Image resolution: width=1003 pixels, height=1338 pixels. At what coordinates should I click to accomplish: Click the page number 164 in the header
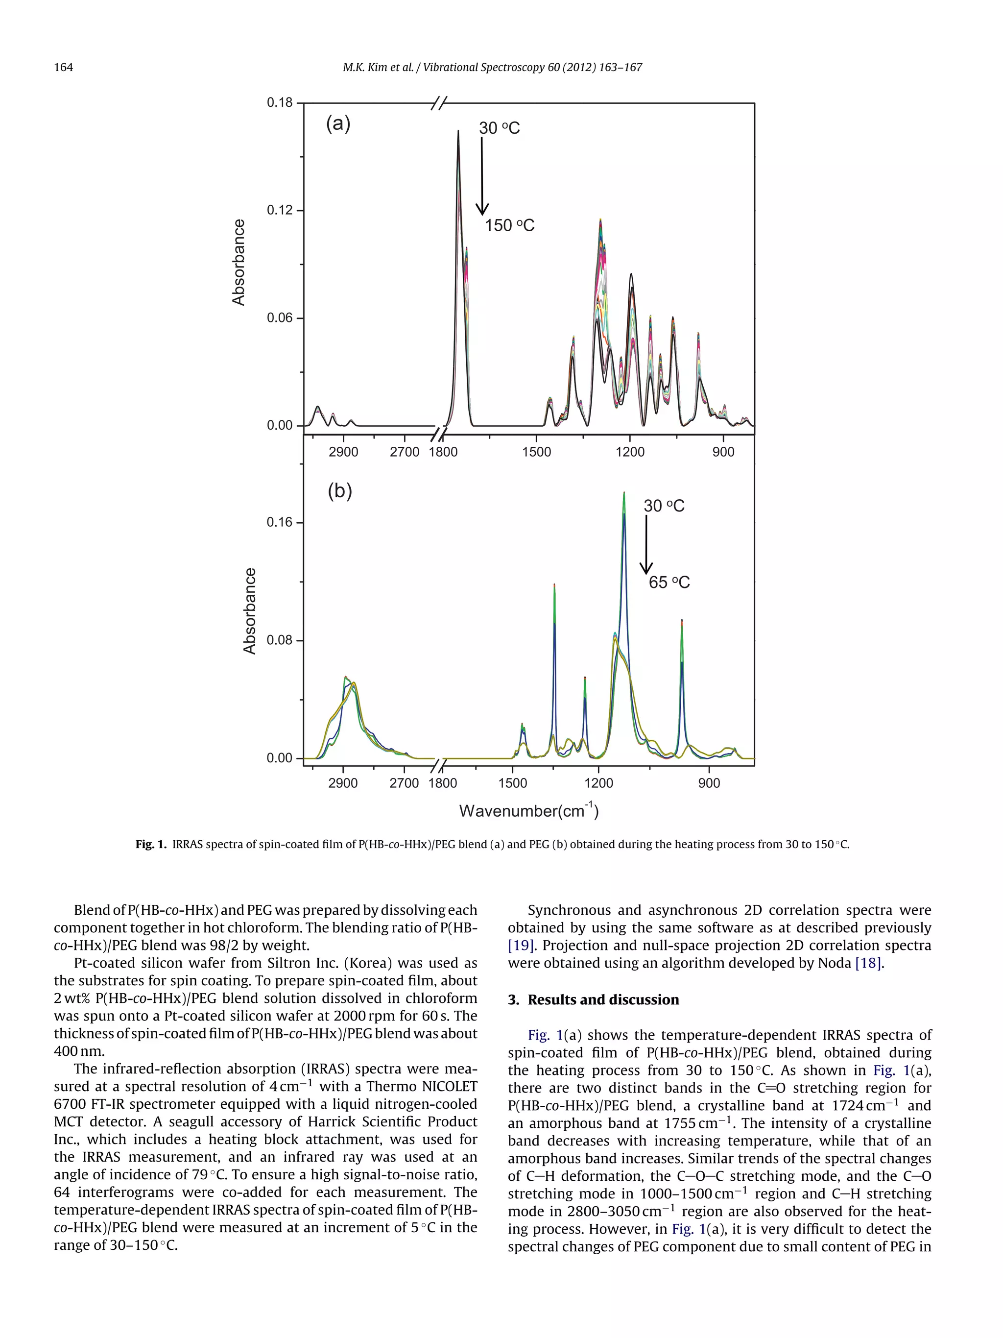(64, 67)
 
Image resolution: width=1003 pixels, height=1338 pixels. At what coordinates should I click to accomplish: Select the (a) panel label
(338, 124)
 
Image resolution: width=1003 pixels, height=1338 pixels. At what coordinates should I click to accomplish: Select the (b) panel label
(339, 490)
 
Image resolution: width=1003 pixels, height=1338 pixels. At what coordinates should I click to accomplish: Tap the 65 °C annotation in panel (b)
(669, 582)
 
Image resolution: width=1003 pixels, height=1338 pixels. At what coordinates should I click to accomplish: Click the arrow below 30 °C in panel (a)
(482, 176)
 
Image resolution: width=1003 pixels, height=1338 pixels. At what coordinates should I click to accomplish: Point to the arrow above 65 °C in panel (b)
(645, 544)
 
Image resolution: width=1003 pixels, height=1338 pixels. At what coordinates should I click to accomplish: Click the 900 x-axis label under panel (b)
(709, 783)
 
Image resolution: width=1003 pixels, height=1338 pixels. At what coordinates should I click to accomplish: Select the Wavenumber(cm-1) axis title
(528, 810)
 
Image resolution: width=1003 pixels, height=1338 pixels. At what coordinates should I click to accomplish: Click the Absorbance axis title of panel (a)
(239, 263)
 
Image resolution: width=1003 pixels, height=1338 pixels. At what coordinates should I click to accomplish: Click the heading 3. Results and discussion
(593, 1000)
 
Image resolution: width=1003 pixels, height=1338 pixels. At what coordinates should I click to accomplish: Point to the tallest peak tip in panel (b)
(624, 493)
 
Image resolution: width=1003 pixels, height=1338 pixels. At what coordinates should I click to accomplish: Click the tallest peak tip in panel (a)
(458, 131)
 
